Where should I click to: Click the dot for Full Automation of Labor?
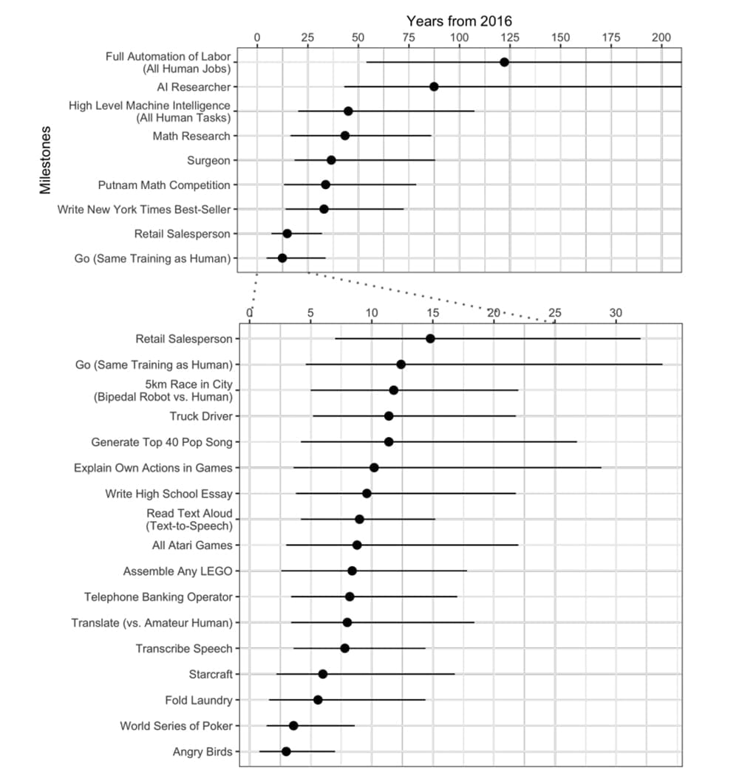tap(504, 62)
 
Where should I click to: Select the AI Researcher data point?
tap(434, 87)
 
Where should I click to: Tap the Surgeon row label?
tap(208, 160)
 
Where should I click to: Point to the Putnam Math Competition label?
tap(164, 185)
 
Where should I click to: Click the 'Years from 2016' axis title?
tap(459, 21)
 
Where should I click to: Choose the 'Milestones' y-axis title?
tap(46, 159)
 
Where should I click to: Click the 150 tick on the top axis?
tap(560, 37)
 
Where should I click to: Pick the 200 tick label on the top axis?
tap(661, 37)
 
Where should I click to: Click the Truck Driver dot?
tap(389, 416)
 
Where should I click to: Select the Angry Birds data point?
tap(286, 751)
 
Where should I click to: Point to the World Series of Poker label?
tap(176, 726)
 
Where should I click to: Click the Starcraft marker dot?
tap(322, 674)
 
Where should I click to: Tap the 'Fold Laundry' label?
tap(198, 700)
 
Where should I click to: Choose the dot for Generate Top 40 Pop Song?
tap(389, 442)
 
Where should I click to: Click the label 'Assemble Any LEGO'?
tap(177, 571)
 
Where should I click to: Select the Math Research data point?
tap(344, 136)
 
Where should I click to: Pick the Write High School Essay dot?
tap(367, 493)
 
